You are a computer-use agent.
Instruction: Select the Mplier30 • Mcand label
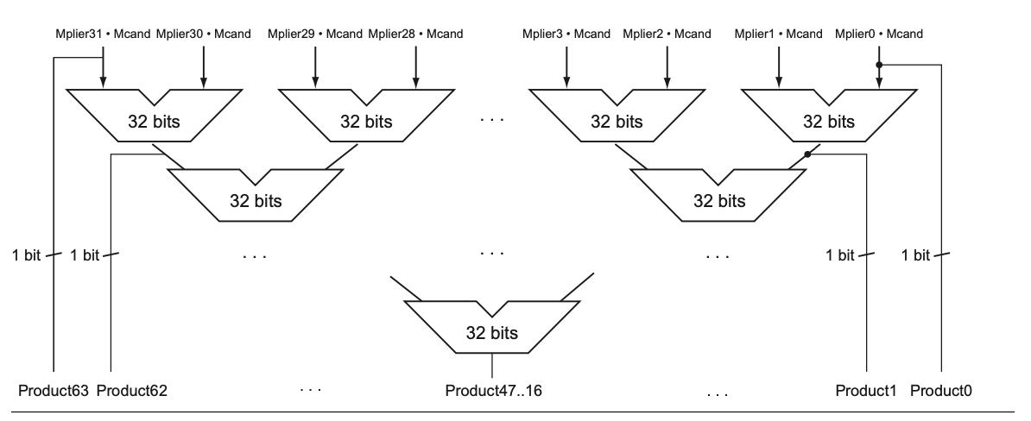(x=204, y=35)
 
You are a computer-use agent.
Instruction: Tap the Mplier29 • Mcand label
(x=315, y=35)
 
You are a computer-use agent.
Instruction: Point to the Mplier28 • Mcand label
(x=415, y=35)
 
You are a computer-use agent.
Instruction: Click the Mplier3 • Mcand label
(x=566, y=35)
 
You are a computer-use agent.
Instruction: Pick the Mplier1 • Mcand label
(x=778, y=35)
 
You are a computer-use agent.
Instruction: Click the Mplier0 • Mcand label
(x=879, y=35)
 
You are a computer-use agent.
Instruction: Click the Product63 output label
(x=54, y=391)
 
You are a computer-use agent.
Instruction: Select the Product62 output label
(x=132, y=391)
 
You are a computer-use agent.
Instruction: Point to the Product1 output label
(x=863, y=391)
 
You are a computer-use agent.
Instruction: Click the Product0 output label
(x=941, y=391)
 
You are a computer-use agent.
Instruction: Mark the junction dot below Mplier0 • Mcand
(x=879, y=64)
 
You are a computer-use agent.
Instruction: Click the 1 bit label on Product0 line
(x=915, y=256)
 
